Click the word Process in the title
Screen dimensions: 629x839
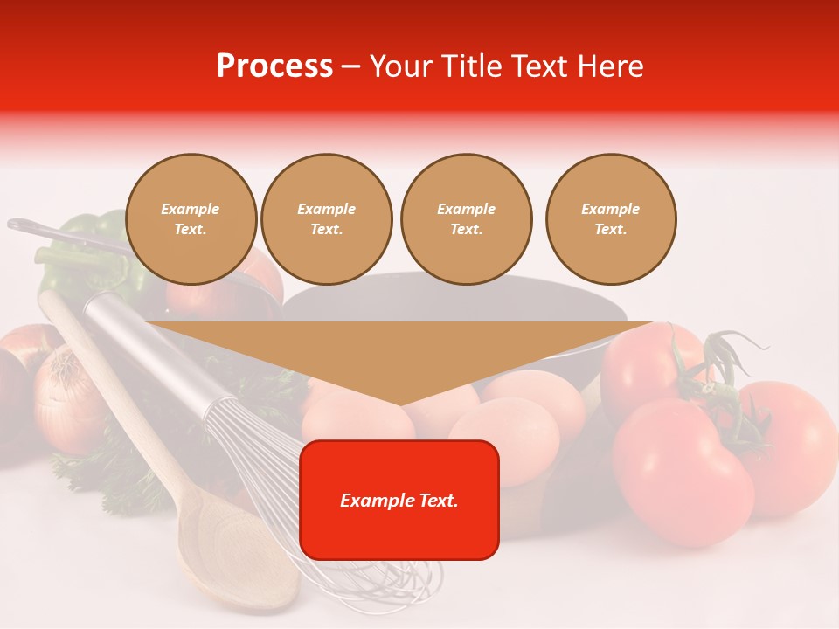(274, 66)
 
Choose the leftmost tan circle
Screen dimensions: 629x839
(191, 219)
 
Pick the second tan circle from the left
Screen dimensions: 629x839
(327, 219)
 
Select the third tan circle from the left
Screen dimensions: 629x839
(467, 219)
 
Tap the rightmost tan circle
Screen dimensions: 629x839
(611, 219)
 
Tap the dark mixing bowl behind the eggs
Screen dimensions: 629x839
(454, 301)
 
